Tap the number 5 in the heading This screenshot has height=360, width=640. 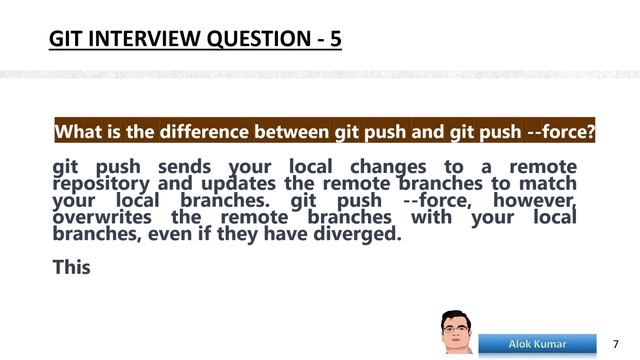pyautogui.click(x=334, y=41)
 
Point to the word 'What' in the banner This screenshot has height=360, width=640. pyautogui.click(x=78, y=132)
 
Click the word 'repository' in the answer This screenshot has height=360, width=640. pyautogui.click(x=101, y=184)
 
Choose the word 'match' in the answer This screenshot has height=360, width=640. pyautogui.click(x=548, y=184)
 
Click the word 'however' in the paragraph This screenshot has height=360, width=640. pyautogui.click(x=535, y=201)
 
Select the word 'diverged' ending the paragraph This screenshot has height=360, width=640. pyautogui.click(x=356, y=236)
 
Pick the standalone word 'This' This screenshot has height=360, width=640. pyautogui.click(x=71, y=267)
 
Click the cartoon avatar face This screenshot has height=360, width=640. pyautogui.click(x=457, y=331)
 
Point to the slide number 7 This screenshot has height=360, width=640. pyautogui.click(x=615, y=344)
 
